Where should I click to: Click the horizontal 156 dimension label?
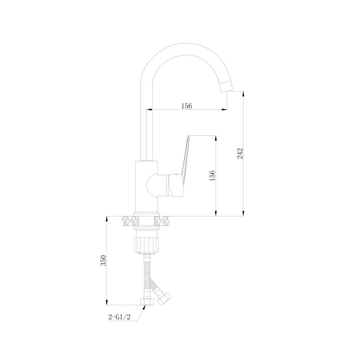click(186, 106)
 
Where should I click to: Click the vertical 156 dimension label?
click(212, 176)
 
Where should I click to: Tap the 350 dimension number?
click(104, 260)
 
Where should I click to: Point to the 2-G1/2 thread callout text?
click(120, 317)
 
